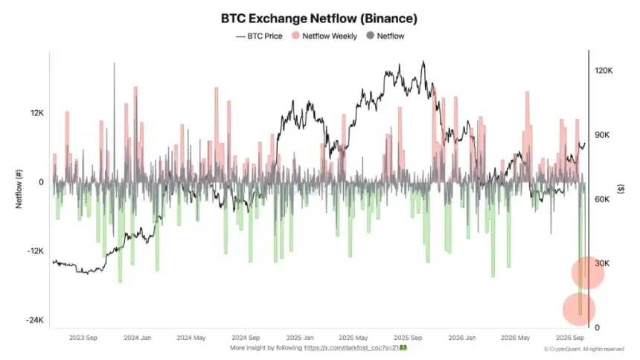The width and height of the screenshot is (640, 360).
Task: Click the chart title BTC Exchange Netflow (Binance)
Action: pos(319,19)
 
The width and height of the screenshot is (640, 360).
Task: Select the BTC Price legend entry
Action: pos(259,36)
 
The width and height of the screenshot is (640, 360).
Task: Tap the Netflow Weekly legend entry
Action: pos(324,36)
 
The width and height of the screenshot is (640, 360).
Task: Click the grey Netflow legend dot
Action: pos(370,36)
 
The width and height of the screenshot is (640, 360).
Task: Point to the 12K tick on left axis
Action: pos(36,113)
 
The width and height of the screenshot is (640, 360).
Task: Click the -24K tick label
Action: pos(35,320)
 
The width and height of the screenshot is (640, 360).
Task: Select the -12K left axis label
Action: pos(35,251)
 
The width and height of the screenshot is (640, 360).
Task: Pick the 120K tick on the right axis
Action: pos(604,71)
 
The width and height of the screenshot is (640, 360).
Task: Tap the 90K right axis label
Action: pos(602,135)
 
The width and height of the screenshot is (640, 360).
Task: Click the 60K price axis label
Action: pos(602,199)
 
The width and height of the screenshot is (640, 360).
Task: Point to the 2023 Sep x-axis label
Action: pos(83,338)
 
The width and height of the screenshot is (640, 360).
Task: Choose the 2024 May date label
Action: pos(191,338)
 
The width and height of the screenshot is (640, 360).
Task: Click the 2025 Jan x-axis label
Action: pos(300,338)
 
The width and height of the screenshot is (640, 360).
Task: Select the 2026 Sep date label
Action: pos(570,338)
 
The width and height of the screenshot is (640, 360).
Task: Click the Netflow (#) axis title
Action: pos(19,189)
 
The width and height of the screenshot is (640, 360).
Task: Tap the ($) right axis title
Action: pos(621,189)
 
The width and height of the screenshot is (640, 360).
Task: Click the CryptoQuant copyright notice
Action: pos(584,349)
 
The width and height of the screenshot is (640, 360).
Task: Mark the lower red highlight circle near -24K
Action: pos(579,309)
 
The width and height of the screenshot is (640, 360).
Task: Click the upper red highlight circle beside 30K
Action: pos(588,273)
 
